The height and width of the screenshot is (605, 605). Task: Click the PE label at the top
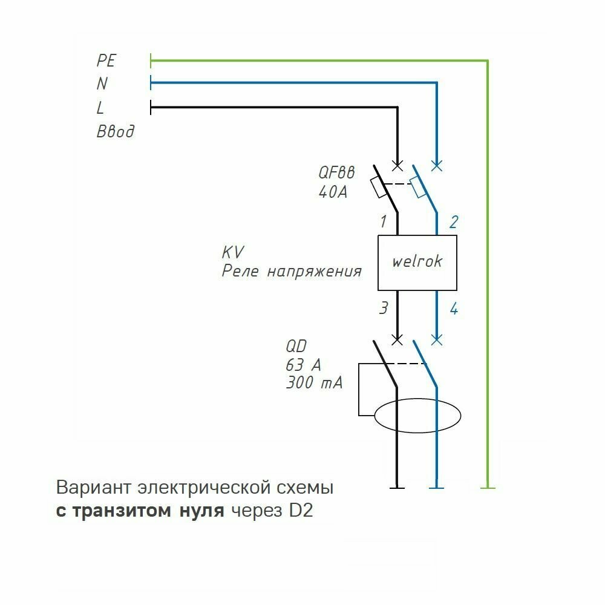[x=106, y=60]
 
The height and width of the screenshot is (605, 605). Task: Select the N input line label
[x=102, y=83]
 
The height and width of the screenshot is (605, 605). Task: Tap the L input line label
[x=100, y=108]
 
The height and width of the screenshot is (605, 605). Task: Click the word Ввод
[x=115, y=132]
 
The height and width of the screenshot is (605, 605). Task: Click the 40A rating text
[x=333, y=192]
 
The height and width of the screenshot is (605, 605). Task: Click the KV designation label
[x=233, y=252]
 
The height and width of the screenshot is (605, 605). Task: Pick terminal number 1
[x=383, y=222]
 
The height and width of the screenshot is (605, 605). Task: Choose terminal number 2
[x=453, y=222]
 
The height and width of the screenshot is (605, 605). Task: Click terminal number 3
[x=383, y=309]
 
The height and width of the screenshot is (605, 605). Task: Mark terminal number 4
[x=453, y=309]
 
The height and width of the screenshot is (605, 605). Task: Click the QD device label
[x=296, y=347]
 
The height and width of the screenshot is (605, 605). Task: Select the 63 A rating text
[x=303, y=365]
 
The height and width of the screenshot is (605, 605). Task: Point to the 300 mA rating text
[x=313, y=383]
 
